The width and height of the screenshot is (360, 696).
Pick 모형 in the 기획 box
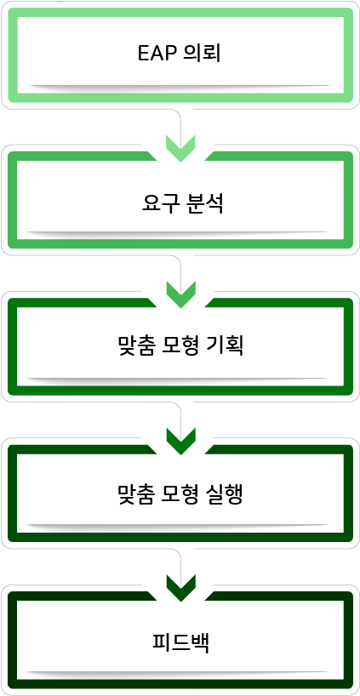click(180, 346)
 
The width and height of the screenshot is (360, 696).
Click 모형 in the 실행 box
click(180, 495)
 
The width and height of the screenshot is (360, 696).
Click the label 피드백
click(180, 643)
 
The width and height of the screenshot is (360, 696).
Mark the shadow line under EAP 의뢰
click(180, 88)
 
